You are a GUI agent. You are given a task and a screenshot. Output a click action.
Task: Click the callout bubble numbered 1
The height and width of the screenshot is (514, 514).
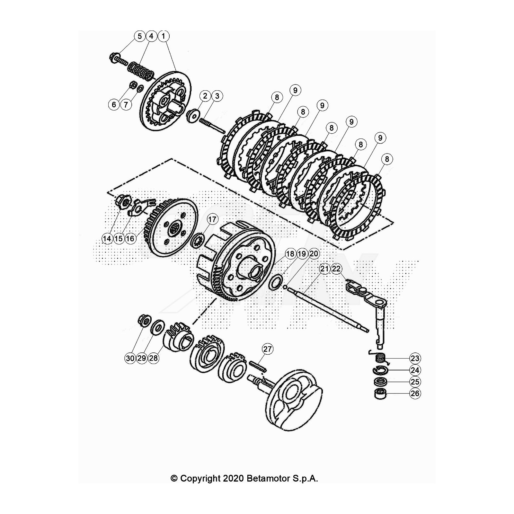163,36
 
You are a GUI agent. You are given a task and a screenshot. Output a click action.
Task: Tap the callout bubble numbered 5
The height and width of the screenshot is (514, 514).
139,36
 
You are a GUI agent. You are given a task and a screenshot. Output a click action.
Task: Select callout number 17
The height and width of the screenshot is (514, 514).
212,220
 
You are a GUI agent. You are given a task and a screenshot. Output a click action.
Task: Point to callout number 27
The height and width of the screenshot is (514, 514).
268,349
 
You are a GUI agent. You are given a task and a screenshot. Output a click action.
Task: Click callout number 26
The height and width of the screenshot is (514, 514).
415,394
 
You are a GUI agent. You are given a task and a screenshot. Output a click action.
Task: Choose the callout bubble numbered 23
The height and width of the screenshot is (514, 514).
415,358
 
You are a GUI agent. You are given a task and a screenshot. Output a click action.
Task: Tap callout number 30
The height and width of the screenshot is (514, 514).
130,358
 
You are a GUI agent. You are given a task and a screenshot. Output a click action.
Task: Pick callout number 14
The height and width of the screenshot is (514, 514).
107,239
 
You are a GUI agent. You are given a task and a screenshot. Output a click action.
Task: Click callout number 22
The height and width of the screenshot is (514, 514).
336,269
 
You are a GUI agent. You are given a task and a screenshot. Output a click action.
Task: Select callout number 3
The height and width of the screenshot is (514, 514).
217,96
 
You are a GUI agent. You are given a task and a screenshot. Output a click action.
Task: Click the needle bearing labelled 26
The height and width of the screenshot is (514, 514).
380,394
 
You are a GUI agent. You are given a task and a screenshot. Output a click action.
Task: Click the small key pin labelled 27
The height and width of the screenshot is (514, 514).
256,366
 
